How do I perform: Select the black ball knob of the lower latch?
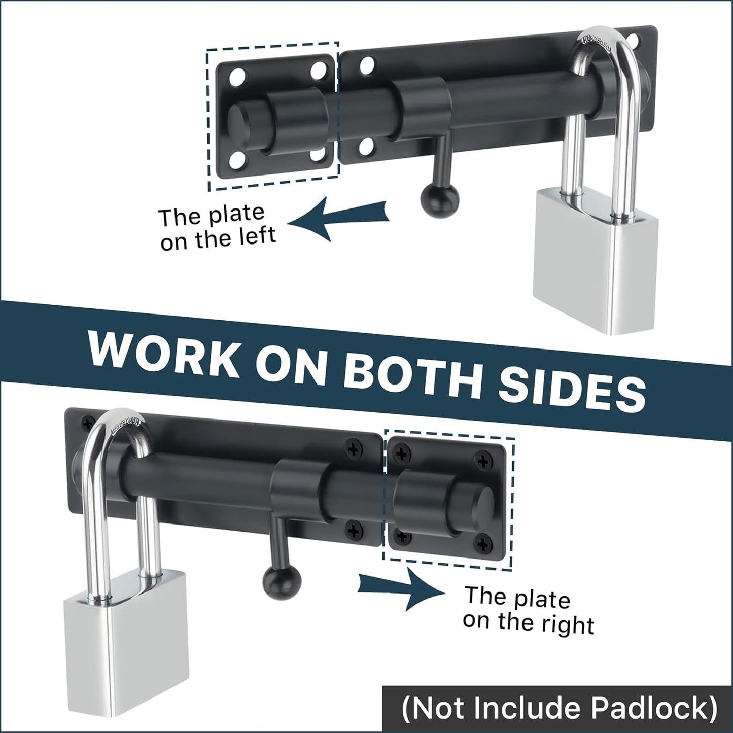point(282,578)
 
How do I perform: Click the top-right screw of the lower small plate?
point(481,460)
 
